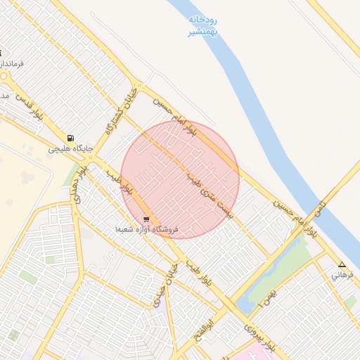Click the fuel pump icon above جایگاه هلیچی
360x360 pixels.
(x=70, y=138)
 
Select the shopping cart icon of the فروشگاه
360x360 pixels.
(x=146, y=219)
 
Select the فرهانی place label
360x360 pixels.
(x=343, y=276)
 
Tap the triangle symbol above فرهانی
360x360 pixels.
(x=342, y=265)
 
